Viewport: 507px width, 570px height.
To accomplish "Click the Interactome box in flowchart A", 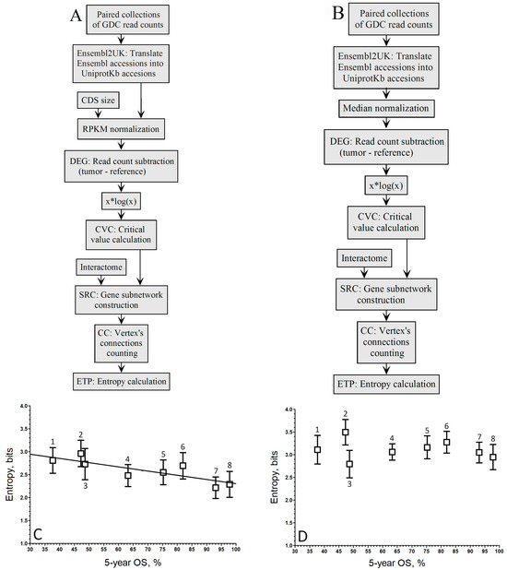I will point(104,267).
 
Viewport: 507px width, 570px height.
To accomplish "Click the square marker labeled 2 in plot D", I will point(346,433).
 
